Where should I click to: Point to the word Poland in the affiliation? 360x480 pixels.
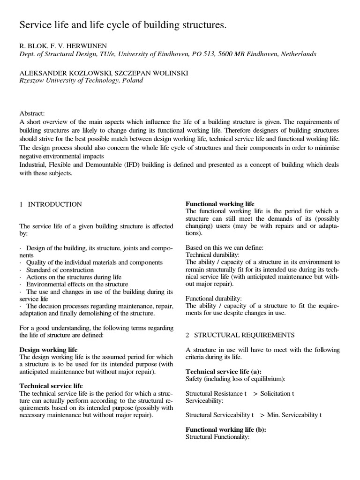[133, 80]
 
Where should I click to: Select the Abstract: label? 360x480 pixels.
[32, 113]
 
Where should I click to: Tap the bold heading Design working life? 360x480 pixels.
[48, 350]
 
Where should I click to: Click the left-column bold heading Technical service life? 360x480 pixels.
[51, 386]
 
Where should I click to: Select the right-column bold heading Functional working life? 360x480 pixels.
[220, 204]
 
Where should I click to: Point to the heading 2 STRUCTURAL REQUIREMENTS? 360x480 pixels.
[240, 335]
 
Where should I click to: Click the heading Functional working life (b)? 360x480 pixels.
[226, 429]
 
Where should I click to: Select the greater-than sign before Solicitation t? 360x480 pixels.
[255, 394]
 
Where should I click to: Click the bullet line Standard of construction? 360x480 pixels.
[60, 270]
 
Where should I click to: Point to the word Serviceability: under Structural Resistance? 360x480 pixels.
[204, 401]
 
